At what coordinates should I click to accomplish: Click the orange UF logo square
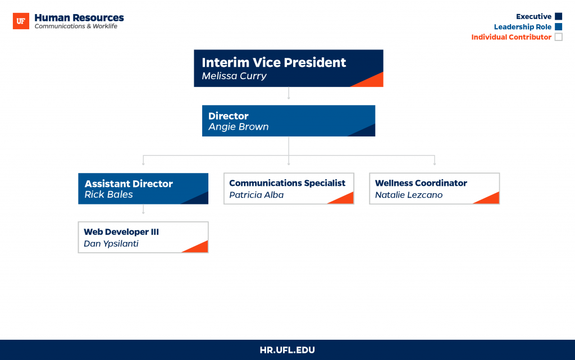(x=21, y=21)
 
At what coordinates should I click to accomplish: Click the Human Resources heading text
(x=79, y=17)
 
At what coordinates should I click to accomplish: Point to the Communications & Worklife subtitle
(x=76, y=26)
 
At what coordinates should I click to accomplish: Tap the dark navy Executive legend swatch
(x=559, y=16)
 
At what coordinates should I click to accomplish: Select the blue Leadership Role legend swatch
(x=559, y=26)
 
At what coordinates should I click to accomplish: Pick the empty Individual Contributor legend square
(x=559, y=37)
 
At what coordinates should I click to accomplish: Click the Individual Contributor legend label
(x=511, y=37)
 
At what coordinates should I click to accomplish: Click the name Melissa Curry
(x=234, y=76)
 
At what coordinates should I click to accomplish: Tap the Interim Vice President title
(x=273, y=62)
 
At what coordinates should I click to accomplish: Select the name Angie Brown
(x=238, y=127)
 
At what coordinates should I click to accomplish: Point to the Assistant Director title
(x=129, y=184)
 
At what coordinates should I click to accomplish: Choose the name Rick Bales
(x=108, y=194)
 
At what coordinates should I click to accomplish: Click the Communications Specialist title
(x=287, y=183)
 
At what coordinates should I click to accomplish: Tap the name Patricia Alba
(x=256, y=195)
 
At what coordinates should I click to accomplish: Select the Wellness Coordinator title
(x=421, y=183)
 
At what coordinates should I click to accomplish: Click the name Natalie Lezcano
(x=409, y=195)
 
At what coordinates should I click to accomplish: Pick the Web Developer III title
(x=121, y=232)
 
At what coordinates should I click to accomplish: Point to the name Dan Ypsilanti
(x=111, y=244)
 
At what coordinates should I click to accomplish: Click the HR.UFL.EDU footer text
(x=287, y=350)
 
